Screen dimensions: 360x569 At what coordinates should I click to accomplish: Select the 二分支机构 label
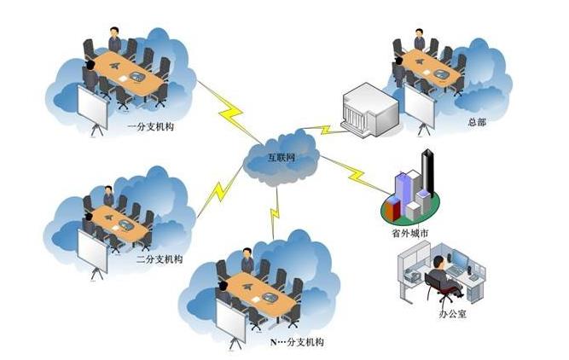click(159, 258)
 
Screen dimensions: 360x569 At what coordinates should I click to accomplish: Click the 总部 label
click(476, 122)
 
